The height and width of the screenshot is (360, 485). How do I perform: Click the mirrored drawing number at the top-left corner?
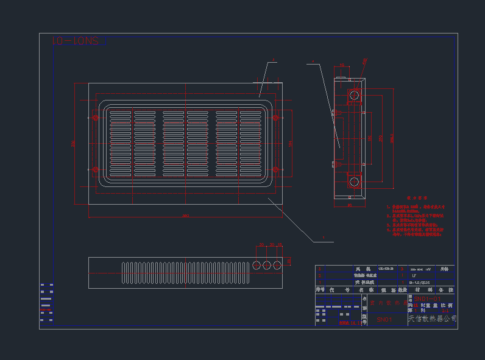75,41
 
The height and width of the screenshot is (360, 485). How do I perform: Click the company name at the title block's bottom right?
432,319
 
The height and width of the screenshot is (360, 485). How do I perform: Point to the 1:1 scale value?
445,311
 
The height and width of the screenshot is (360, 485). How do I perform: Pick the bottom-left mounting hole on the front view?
95,169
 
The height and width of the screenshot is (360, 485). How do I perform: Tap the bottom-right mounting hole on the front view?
275,169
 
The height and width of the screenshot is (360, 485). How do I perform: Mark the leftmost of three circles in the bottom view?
257,265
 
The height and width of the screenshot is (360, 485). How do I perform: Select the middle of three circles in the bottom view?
267,265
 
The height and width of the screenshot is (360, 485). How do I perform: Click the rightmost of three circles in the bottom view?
277,265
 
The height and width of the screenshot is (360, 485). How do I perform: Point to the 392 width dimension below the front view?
185,216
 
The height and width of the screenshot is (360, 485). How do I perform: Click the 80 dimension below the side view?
350,205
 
